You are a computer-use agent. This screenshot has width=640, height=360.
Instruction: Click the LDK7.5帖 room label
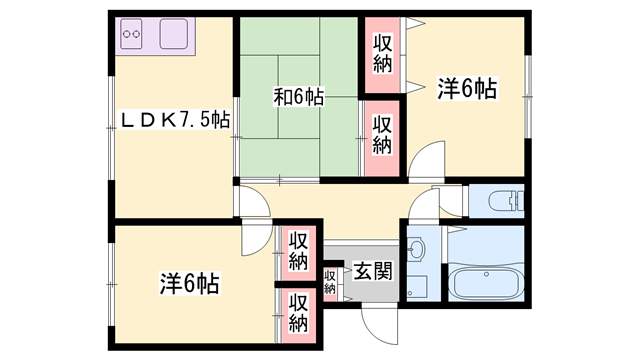(x=174, y=120)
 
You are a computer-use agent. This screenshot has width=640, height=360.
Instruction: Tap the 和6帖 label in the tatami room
(x=298, y=97)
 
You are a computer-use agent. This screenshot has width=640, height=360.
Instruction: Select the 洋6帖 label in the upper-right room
(x=467, y=88)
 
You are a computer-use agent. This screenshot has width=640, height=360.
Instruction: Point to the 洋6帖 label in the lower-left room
(x=189, y=283)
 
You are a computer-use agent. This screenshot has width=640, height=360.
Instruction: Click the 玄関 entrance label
(x=373, y=271)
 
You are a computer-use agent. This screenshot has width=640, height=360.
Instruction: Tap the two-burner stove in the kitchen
(x=131, y=34)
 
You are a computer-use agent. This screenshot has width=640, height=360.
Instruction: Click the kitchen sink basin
(x=174, y=34)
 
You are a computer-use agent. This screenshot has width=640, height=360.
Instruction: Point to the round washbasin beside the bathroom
(x=416, y=248)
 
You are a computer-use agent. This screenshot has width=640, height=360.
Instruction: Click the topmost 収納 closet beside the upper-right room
(x=382, y=55)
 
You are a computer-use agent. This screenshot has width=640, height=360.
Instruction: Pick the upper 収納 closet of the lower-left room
(x=298, y=253)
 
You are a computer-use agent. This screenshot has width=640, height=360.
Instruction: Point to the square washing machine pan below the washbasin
(x=417, y=287)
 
